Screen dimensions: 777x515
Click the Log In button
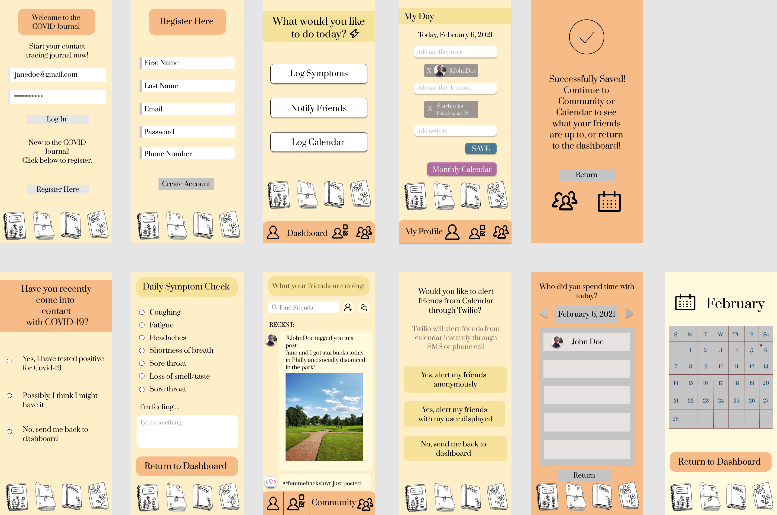click(x=57, y=119)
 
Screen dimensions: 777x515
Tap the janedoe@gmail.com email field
click(x=57, y=75)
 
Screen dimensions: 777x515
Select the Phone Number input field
click(x=187, y=153)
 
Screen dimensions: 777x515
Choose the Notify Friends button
click(x=318, y=108)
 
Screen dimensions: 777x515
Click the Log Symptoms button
click(x=318, y=73)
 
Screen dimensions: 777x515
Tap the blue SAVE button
click(x=481, y=149)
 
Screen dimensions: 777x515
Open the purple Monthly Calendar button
click(x=462, y=169)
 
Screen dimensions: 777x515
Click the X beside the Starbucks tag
click(x=430, y=109)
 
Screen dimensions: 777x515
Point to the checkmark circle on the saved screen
click(x=586, y=37)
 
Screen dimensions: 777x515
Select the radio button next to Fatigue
click(x=142, y=325)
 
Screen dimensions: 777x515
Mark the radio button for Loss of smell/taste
click(x=142, y=376)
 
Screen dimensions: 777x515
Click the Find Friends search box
click(x=303, y=307)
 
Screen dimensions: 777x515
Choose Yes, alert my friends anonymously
click(x=455, y=379)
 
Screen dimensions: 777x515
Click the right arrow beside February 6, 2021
click(x=630, y=313)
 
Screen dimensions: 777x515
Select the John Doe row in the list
click(x=586, y=342)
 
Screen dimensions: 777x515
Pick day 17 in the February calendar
click(x=721, y=383)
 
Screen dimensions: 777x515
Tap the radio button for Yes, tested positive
click(x=9, y=361)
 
